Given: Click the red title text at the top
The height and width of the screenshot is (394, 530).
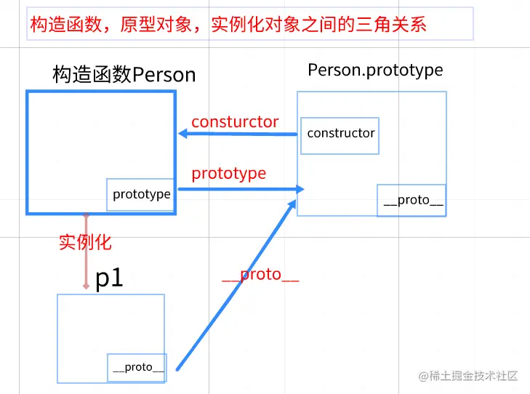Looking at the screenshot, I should click(x=228, y=25).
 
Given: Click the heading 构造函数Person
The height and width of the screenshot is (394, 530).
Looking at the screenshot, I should click(x=124, y=74).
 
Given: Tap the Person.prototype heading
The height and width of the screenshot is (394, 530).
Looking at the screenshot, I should click(x=375, y=70).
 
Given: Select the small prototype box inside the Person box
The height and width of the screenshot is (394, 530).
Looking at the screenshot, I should click(x=141, y=195).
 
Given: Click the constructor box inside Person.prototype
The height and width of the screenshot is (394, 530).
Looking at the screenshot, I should click(x=340, y=135).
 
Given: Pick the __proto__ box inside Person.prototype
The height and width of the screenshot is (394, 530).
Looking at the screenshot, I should click(x=411, y=201).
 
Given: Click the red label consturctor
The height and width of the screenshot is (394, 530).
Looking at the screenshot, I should click(x=235, y=122).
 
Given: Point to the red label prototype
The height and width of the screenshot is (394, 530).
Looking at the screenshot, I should click(x=228, y=174).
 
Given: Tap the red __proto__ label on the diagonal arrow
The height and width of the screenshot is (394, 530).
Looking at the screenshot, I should click(x=260, y=275).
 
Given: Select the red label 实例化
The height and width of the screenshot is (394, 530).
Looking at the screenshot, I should click(x=85, y=242).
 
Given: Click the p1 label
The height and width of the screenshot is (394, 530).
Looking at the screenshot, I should click(x=110, y=278).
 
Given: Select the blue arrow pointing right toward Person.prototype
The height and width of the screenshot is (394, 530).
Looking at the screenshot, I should click(x=240, y=189).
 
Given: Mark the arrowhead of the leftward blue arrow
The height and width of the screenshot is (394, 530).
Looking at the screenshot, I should click(x=184, y=134).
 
